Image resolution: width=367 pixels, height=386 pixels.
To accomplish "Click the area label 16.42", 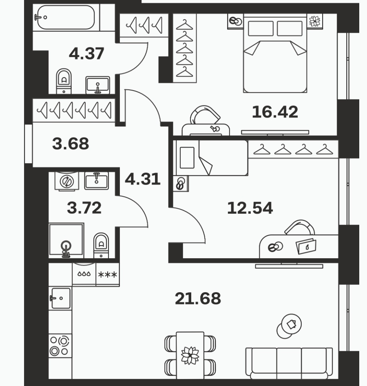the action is [275, 112].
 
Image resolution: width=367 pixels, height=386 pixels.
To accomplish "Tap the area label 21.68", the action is [198, 298].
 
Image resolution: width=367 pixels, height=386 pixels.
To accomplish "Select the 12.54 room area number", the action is [250, 208].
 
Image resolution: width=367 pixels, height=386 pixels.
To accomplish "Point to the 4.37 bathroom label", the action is [86, 54].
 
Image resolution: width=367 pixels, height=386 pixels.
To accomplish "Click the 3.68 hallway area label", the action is [71, 144].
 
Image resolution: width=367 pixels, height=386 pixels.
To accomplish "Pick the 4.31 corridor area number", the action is [143, 179].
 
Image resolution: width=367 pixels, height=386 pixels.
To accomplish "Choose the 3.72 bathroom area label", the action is [84, 208].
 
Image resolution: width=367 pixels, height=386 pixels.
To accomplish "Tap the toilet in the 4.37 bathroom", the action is [64, 81].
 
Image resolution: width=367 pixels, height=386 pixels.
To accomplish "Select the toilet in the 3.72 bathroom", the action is [101, 246].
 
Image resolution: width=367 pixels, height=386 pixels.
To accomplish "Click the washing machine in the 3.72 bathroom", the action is [66, 182].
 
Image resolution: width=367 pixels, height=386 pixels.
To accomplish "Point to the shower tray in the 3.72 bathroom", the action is [66, 239].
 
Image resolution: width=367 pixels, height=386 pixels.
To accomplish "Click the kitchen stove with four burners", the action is [60, 346].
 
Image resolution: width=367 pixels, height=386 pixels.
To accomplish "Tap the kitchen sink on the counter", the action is [61, 298].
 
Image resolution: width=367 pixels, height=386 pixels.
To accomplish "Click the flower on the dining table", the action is [190, 355].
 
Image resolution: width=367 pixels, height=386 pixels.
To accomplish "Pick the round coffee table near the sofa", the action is [289, 326].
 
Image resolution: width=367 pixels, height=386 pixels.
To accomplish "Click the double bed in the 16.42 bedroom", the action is [275, 53].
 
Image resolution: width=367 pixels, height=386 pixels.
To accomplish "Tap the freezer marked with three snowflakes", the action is [108, 275].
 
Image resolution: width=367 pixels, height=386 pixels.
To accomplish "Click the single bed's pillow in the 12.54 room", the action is [187, 158].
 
